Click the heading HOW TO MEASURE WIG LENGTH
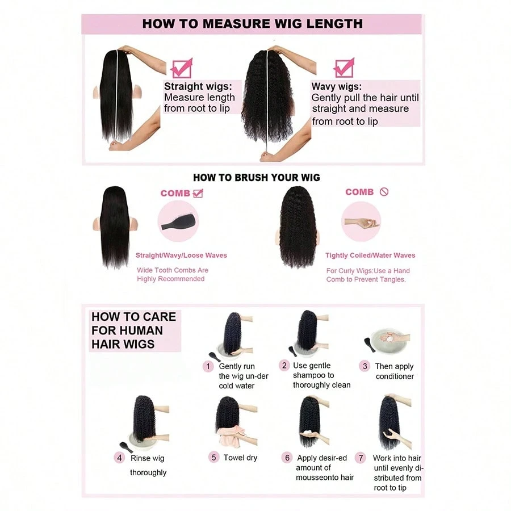click(x=252, y=23)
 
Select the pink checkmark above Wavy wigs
click(x=344, y=68)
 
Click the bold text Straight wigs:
click(x=198, y=86)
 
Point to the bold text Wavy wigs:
click(x=337, y=86)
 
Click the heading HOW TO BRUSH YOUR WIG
click(x=257, y=178)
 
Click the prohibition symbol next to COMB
click(x=384, y=192)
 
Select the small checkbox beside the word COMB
click(x=198, y=193)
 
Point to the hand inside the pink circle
click(x=362, y=223)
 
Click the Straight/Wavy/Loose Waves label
click(x=181, y=255)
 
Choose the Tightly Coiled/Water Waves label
click(x=370, y=255)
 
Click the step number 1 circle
click(x=208, y=367)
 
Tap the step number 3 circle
click(x=365, y=366)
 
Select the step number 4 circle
click(x=119, y=458)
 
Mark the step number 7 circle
click(x=361, y=458)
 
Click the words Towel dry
click(x=240, y=458)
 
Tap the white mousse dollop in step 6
click(x=308, y=434)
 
